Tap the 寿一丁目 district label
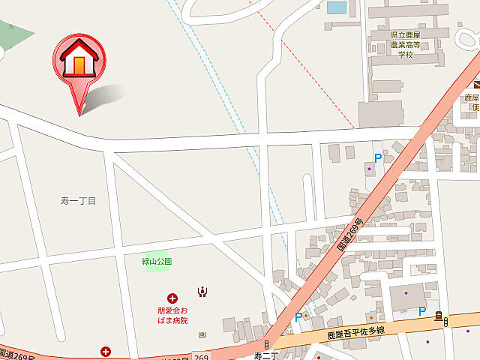[79, 200]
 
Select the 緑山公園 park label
[157, 262]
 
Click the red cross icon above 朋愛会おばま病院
[172, 298]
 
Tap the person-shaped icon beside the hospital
[202, 292]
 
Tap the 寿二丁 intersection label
[266, 355]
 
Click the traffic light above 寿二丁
[265, 343]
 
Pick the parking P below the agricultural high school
[378, 158]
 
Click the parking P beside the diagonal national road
[298, 317]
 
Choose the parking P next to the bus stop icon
[422, 311]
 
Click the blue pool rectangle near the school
[337, 7]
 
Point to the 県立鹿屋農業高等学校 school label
[405, 45]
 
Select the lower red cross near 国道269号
[106, 350]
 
